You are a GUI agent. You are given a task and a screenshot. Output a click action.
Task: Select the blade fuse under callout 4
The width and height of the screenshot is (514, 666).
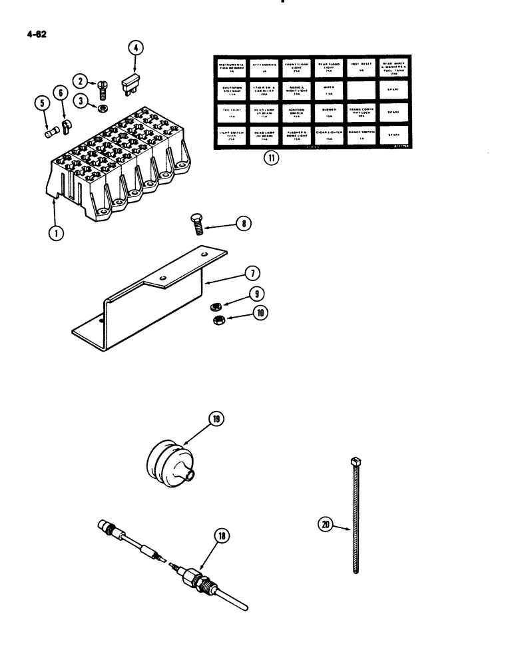pos(130,84)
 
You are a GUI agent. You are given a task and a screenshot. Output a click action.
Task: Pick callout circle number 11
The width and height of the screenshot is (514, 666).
pos(269,160)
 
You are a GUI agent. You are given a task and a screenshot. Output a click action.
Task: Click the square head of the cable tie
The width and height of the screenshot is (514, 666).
pos(351,460)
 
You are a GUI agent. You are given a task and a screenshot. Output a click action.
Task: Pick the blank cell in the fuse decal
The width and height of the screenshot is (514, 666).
pos(362,89)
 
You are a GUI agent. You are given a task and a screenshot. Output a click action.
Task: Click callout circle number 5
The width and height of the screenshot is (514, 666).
pos(41,103)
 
